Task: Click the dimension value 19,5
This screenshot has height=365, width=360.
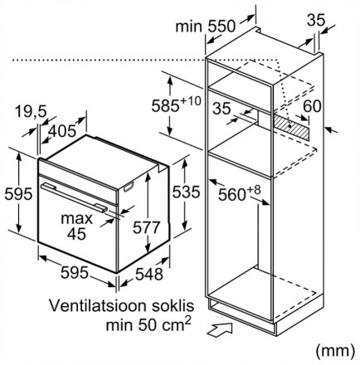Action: (31, 112)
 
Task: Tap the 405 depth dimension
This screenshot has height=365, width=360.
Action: (61, 131)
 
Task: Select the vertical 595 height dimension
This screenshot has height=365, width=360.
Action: (18, 194)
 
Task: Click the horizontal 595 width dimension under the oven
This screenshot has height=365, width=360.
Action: (75, 273)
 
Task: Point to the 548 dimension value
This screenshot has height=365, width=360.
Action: (149, 275)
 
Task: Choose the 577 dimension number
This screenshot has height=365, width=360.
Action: (147, 227)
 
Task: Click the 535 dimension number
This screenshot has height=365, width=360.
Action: (186, 192)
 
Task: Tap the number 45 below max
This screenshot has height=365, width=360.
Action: (76, 234)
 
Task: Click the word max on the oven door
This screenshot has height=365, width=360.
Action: (76, 219)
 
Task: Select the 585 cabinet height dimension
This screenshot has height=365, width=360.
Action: (165, 105)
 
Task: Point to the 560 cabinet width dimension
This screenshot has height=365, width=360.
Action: (232, 195)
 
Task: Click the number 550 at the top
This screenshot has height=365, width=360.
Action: (221, 27)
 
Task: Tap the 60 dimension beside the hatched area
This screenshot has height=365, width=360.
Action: (312, 106)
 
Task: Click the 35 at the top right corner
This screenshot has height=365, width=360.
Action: (316, 20)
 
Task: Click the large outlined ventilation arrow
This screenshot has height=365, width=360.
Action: (220, 329)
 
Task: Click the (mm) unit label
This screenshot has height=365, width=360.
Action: (335, 350)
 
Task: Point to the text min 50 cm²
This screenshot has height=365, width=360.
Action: (148, 324)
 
